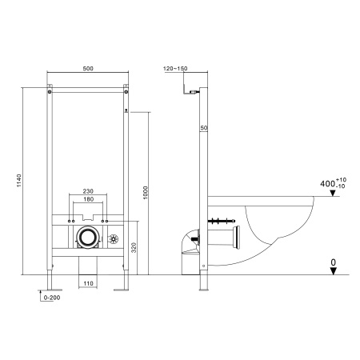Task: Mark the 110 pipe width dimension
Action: [x=87, y=284]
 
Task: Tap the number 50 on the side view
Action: [x=204, y=128]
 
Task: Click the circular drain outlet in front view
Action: [x=87, y=238]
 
